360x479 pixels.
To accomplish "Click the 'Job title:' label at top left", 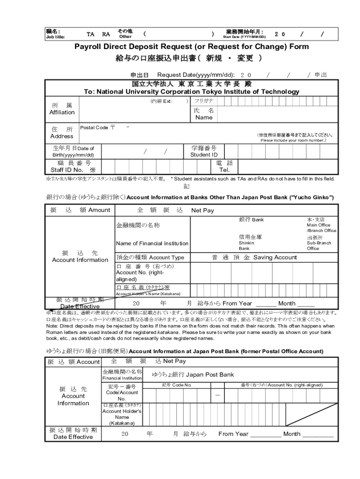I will pyautogui.click(x=55, y=37).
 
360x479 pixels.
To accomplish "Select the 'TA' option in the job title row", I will pyautogui.click(x=91, y=34).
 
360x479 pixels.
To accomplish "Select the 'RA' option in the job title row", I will pyautogui.click(x=106, y=34).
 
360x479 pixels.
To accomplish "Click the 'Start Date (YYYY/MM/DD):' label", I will pyautogui.click(x=244, y=37).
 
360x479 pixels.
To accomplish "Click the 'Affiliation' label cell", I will pyautogui.click(x=62, y=112).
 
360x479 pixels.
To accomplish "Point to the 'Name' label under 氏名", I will pyautogui.click(x=204, y=117).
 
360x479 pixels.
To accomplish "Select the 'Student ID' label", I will pyautogui.click(x=204, y=155).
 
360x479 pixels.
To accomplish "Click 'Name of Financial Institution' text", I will pyautogui.click(x=152, y=243).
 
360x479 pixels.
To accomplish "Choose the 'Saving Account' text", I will pyautogui.click(x=275, y=257).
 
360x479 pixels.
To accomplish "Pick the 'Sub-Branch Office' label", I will pyautogui.click(x=319, y=246).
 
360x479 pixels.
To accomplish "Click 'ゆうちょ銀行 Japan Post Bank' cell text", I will pyautogui.click(x=193, y=375).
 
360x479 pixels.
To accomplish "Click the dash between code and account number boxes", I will pyautogui.click(x=217, y=395).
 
